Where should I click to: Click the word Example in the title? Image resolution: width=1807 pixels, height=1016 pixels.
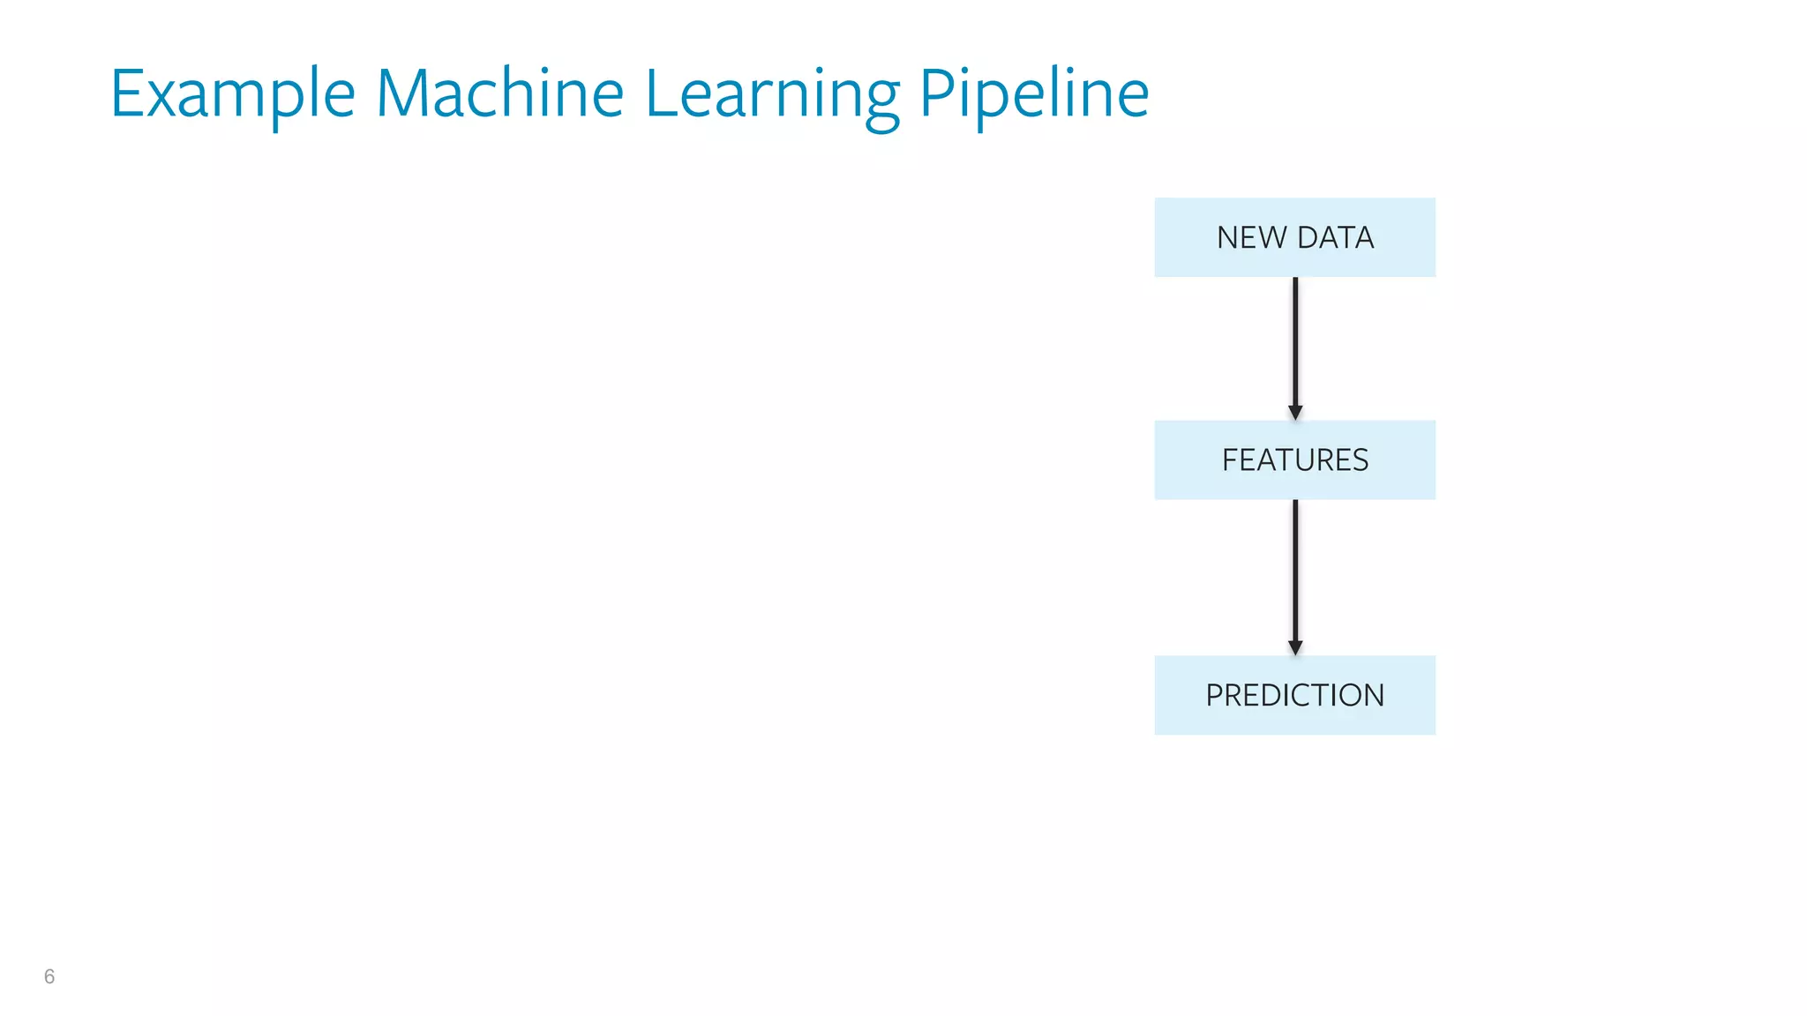[232, 93]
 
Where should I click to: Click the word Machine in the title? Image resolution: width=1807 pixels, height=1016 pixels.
[499, 93]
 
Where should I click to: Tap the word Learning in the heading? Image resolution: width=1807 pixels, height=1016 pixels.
[772, 95]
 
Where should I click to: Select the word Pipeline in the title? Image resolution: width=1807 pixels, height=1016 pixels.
[1034, 95]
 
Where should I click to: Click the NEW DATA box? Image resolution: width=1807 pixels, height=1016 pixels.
[1294, 237]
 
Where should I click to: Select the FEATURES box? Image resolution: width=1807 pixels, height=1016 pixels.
[1294, 459]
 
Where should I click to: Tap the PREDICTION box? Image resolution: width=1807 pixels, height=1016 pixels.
[1294, 695]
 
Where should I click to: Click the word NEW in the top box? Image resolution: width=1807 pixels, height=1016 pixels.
[1251, 237]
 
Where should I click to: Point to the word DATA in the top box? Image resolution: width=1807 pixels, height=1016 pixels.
[1335, 237]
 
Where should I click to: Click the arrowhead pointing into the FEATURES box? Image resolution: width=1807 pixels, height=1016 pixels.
[1294, 412]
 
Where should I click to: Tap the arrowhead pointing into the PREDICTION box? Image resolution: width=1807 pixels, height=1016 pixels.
[1294, 647]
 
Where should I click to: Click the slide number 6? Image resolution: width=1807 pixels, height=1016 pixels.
[49, 976]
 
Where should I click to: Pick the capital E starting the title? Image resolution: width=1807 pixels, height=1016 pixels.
[129, 93]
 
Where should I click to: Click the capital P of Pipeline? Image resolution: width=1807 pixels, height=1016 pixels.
[938, 93]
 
